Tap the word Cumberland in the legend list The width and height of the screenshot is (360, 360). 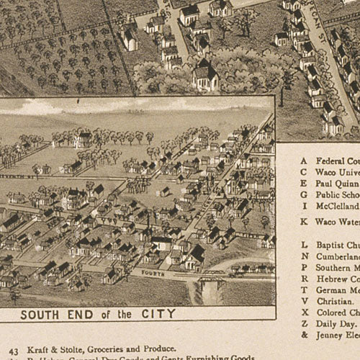point(338,256)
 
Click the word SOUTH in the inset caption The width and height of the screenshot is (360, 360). point(40,315)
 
